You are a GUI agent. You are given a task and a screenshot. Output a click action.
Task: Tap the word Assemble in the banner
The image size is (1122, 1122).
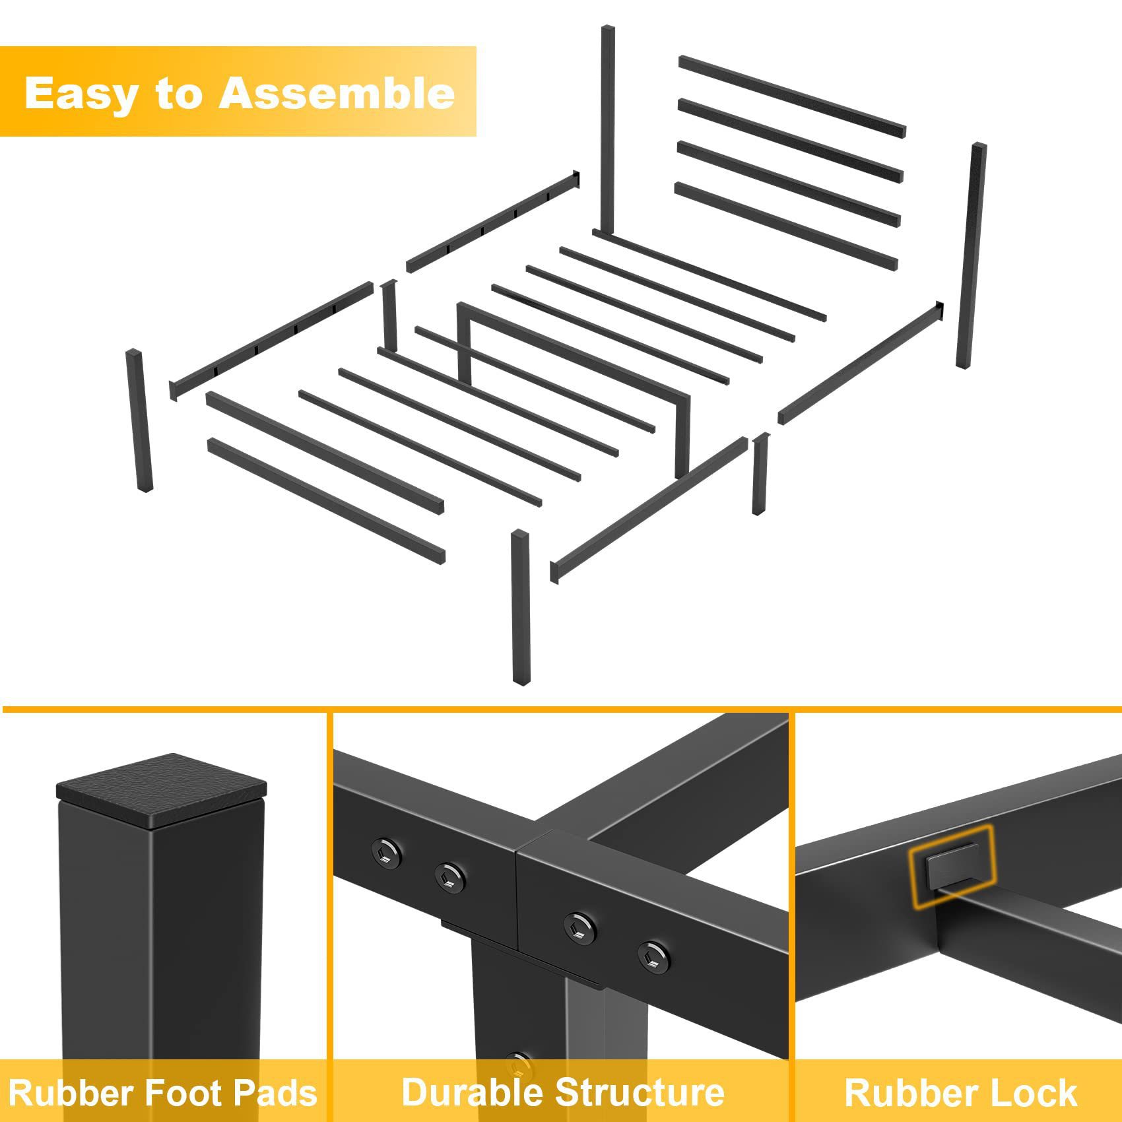(x=337, y=93)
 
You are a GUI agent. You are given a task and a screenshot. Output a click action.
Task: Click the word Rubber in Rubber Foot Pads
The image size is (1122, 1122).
(x=69, y=1092)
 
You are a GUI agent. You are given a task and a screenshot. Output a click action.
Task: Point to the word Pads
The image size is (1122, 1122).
(x=276, y=1092)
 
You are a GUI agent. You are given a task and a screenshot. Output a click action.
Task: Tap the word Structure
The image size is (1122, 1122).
(x=640, y=1092)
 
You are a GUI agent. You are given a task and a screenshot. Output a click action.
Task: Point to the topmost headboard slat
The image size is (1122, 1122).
(x=792, y=96)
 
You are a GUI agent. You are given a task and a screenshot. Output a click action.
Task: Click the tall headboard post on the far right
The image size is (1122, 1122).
(x=971, y=255)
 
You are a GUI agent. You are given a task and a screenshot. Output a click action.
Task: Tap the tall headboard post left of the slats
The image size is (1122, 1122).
(x=608, y=131)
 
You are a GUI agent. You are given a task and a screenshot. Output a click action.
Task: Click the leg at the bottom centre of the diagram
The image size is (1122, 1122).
(x=521, y=607)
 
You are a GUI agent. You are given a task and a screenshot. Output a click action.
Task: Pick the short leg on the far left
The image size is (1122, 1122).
(x=139, y=420)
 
